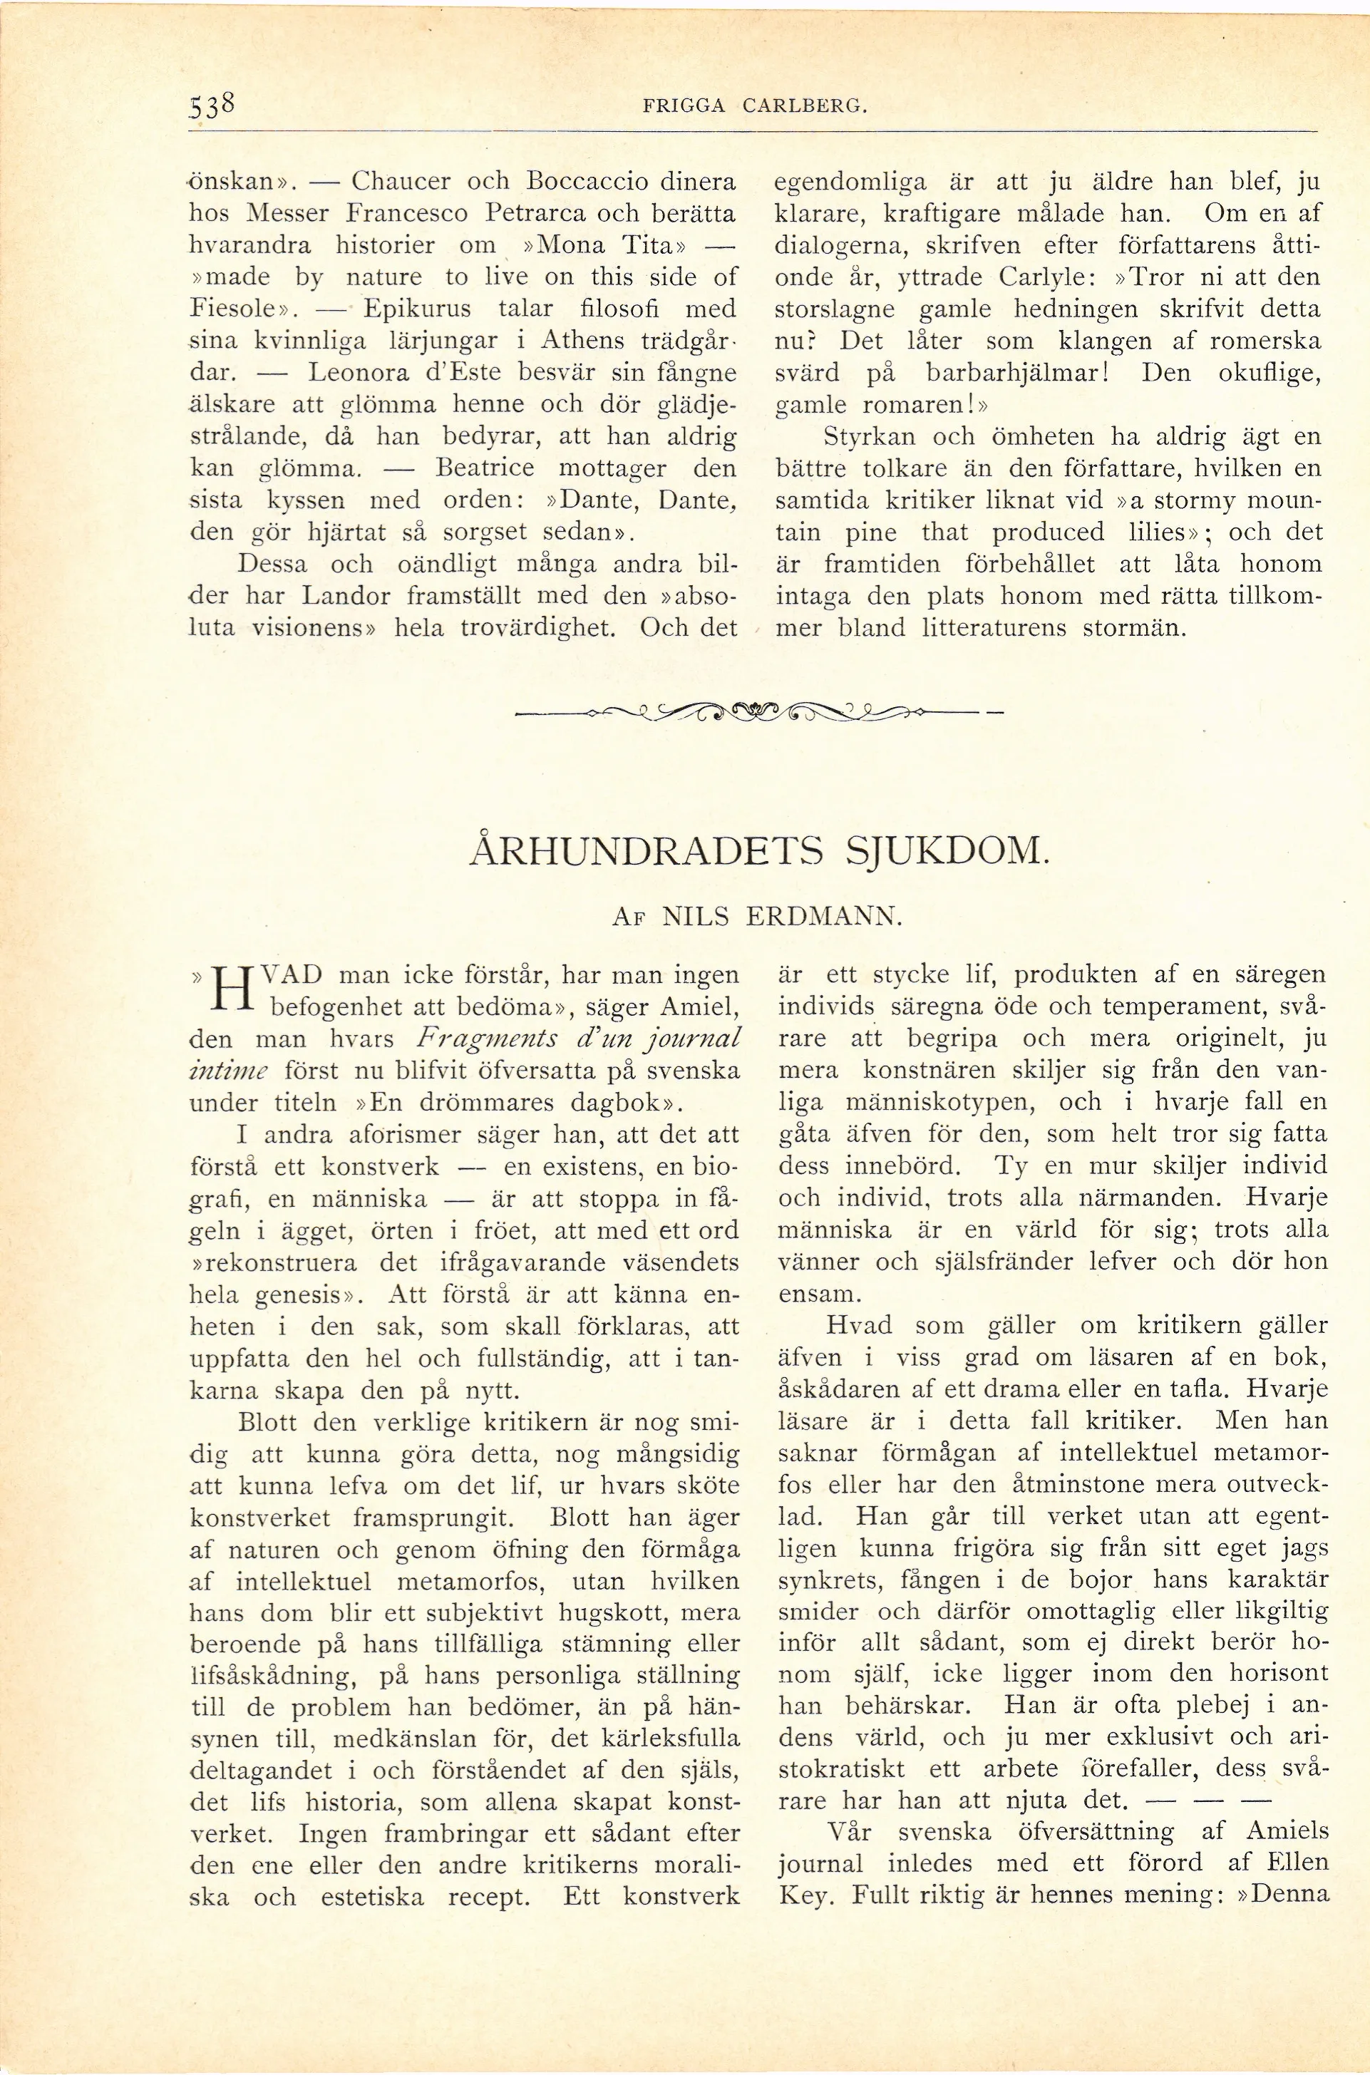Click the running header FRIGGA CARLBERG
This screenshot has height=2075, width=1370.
755,108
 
